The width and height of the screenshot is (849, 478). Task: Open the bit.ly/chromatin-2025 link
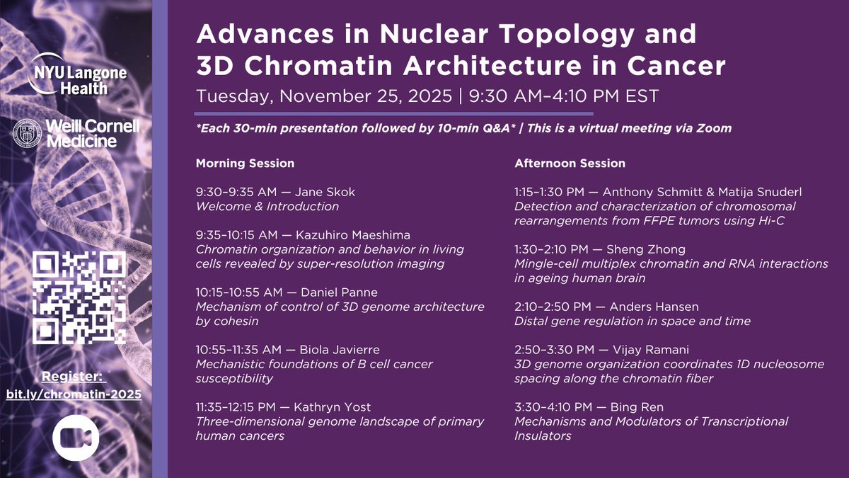[74, 394]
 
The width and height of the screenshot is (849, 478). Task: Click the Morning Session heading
[245, 164]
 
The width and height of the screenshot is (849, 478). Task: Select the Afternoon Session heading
[570, 164]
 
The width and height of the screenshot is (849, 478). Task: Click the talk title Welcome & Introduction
[267, 206]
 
